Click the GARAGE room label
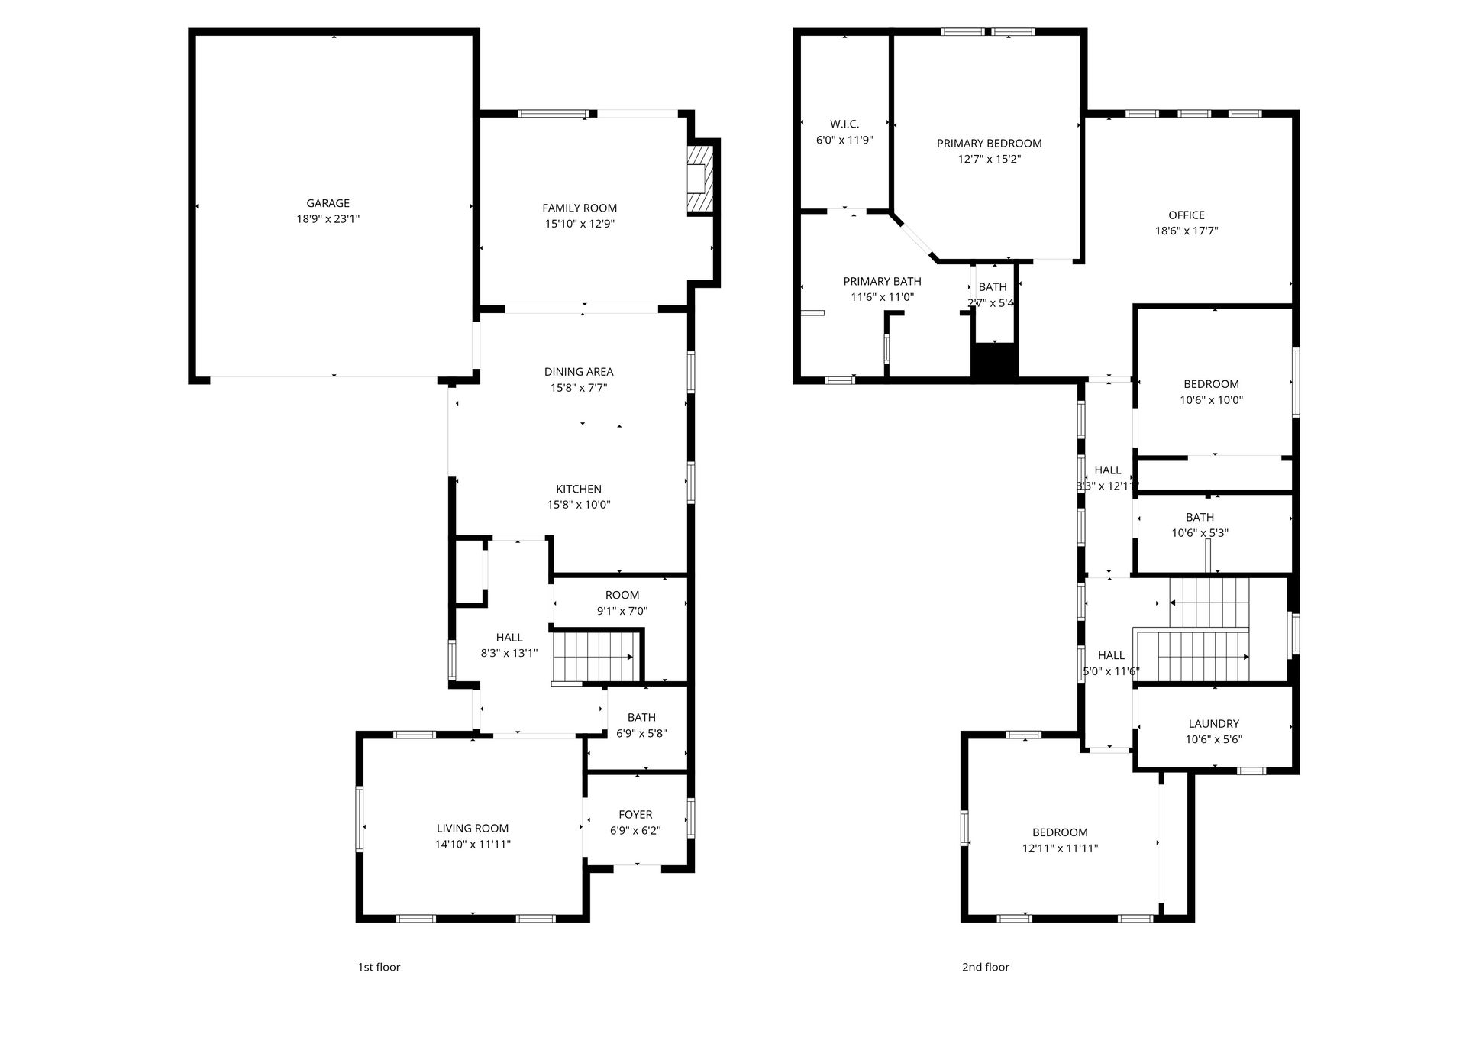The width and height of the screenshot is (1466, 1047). coord(328,203)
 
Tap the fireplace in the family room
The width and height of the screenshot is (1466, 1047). coord(698,179)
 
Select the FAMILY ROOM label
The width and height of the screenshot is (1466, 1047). coord(580,208)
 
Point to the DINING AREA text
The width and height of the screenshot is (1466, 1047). coord(579,372)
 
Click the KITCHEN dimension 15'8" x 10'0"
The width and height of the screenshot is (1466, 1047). coord(579,505)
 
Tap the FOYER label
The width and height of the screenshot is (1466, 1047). coord(635,815)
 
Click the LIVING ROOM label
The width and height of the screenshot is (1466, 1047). coord(473,829)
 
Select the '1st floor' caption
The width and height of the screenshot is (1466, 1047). coord(379,967)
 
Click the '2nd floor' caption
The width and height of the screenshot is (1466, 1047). coord(985,967)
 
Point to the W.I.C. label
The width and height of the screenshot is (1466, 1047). coord(844,124)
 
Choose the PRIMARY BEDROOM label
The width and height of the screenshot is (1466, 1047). coord(990,144)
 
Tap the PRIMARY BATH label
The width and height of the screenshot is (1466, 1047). coord(882,282)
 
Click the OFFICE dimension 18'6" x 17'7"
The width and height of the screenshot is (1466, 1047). coord(1187,231)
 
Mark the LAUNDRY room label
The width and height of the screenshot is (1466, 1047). coord(1214,724)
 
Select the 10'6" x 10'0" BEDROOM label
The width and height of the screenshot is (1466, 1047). coord(1212,384)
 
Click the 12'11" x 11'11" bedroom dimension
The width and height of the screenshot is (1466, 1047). coord(1061,848)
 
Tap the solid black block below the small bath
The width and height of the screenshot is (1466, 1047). coord(995,360)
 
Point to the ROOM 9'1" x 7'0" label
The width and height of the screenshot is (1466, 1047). coord(622,596)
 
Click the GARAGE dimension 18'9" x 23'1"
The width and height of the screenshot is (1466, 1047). coord(328,219)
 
